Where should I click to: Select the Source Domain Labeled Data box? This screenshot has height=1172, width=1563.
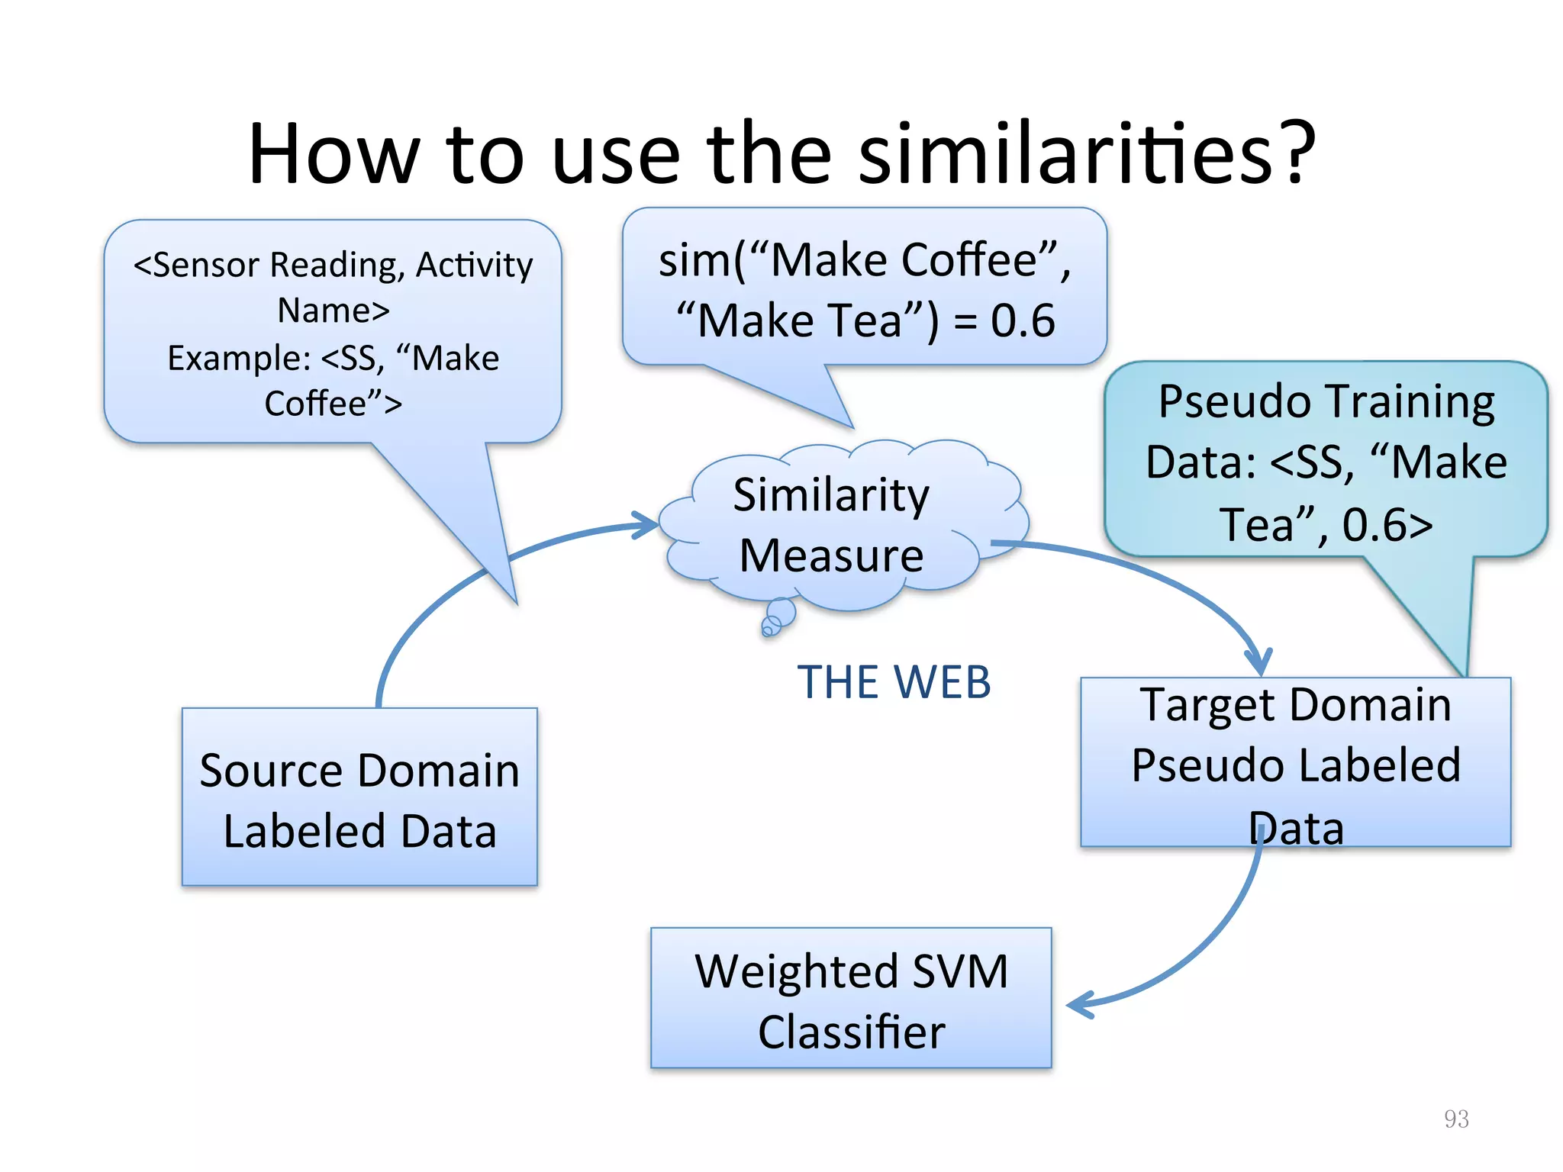(x=359, y=797)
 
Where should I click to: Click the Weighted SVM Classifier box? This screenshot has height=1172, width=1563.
(x=851, y=998)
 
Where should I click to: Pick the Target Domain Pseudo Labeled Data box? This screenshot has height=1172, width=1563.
(x=1295, y=762)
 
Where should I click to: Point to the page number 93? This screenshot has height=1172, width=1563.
(x=1456, y=1119)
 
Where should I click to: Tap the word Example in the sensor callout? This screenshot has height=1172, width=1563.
(x=237, y=359)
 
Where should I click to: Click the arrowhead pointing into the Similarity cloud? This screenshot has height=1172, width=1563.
(x=647, y=525)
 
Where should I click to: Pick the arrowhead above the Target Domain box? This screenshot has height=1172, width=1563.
(x=1258, y=660)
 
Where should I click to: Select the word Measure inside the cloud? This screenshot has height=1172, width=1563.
(x=831, y=555)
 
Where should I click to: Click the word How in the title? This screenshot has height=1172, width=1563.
(x=334, y=155)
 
